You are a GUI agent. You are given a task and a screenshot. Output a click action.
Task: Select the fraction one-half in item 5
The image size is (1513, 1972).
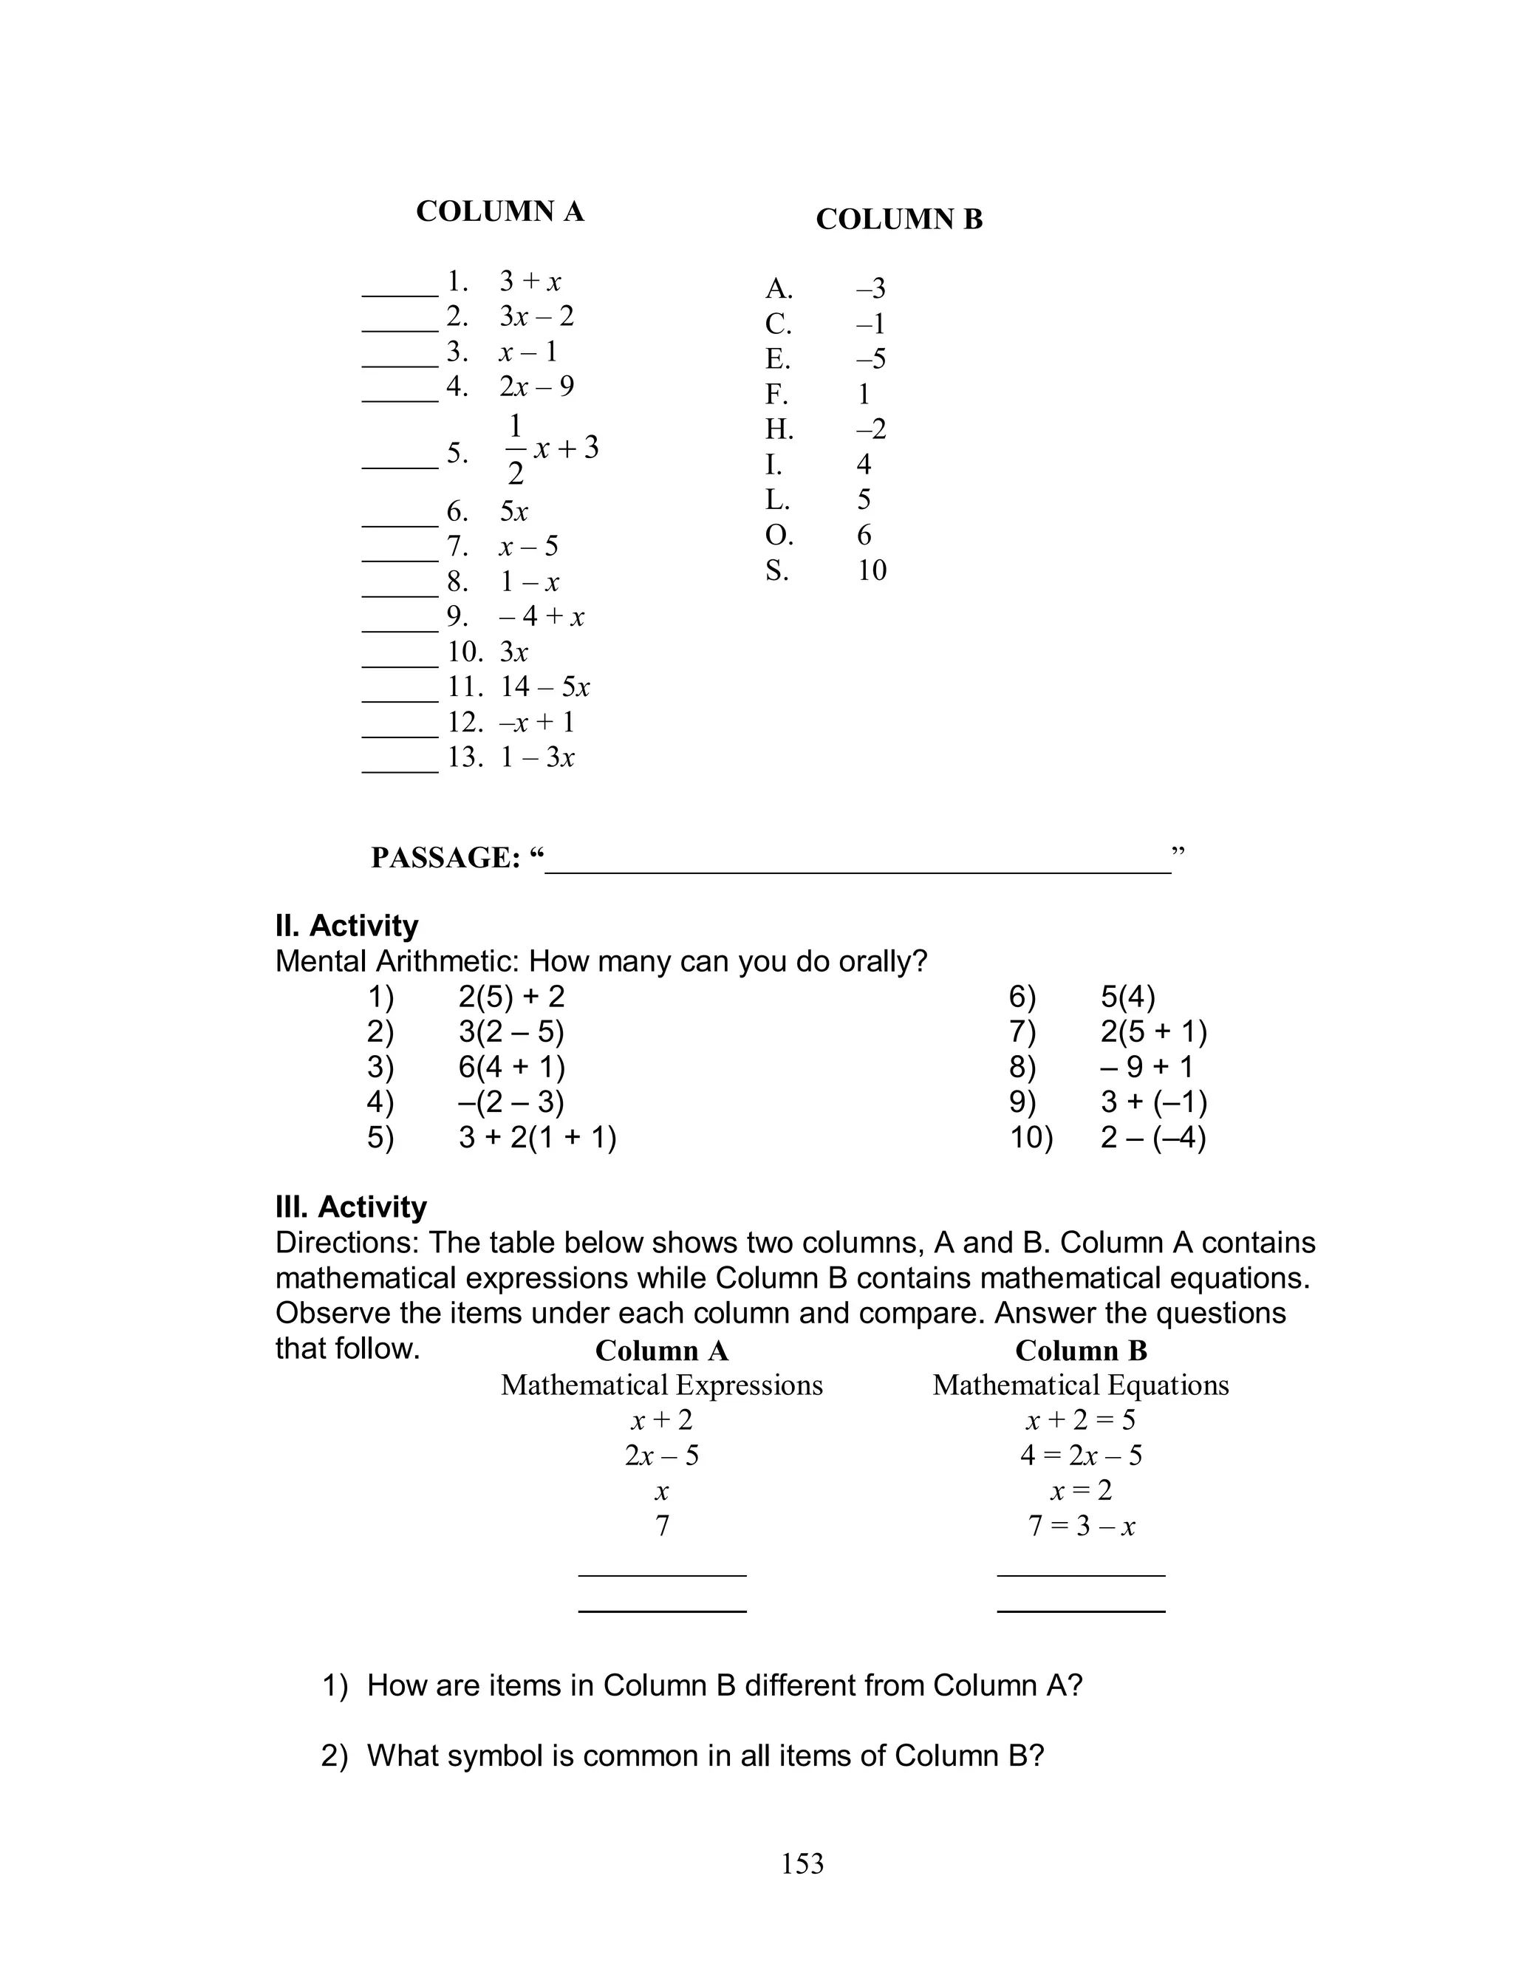coord(515,448)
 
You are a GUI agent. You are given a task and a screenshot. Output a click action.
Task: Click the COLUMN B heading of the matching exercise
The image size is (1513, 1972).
coord(899,219)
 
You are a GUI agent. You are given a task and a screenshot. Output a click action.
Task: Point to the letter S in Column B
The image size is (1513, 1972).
coord(776,570)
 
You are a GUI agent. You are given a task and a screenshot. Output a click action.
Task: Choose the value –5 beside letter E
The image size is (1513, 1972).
coord(871,358)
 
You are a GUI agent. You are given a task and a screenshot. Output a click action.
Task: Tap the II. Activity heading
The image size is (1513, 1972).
coord(346,926)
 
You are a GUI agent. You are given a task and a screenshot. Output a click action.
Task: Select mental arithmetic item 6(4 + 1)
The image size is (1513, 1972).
coord(511,1067)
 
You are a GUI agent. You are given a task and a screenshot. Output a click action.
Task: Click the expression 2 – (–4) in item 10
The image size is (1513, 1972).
coord(1152,1138)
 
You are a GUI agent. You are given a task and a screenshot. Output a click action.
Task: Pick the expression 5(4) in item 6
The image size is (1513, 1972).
coord(1127,997)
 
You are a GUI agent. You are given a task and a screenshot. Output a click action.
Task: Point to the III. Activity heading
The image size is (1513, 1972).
coord(351,1207)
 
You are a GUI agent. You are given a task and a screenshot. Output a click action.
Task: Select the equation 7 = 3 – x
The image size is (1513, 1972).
coord(1081,1526)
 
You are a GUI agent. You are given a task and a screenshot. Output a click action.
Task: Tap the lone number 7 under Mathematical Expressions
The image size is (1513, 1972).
coord(662,1526)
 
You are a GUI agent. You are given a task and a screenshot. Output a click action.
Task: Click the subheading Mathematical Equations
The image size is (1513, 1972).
coord(1081,1385)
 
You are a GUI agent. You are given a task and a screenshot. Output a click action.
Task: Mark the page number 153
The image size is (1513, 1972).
coord(802,1863)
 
